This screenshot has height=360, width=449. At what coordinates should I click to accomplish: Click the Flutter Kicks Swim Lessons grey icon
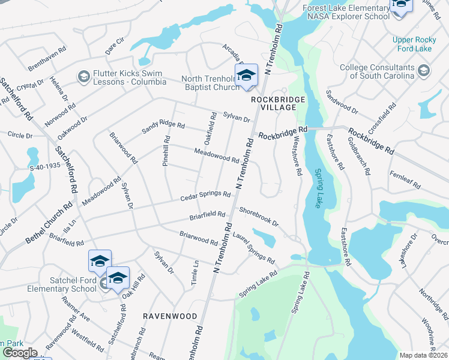83,77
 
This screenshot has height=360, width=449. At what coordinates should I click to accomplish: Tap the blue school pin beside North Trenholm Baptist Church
246,76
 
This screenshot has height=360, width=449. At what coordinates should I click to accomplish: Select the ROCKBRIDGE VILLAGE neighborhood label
274,103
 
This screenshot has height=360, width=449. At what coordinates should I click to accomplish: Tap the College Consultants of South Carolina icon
424,71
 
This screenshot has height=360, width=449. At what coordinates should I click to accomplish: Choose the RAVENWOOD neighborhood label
170,316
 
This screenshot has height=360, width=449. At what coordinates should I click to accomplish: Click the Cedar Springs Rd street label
206,197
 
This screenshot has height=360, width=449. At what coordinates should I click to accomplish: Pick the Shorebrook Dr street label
259,217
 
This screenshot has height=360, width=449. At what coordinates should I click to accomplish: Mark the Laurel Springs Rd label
253,250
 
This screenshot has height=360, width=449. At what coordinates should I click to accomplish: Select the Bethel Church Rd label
49,223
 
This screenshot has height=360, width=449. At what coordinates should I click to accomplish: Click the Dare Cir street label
114,43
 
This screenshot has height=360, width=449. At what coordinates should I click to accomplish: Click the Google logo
20,352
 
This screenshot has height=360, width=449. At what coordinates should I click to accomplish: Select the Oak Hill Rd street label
134,286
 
